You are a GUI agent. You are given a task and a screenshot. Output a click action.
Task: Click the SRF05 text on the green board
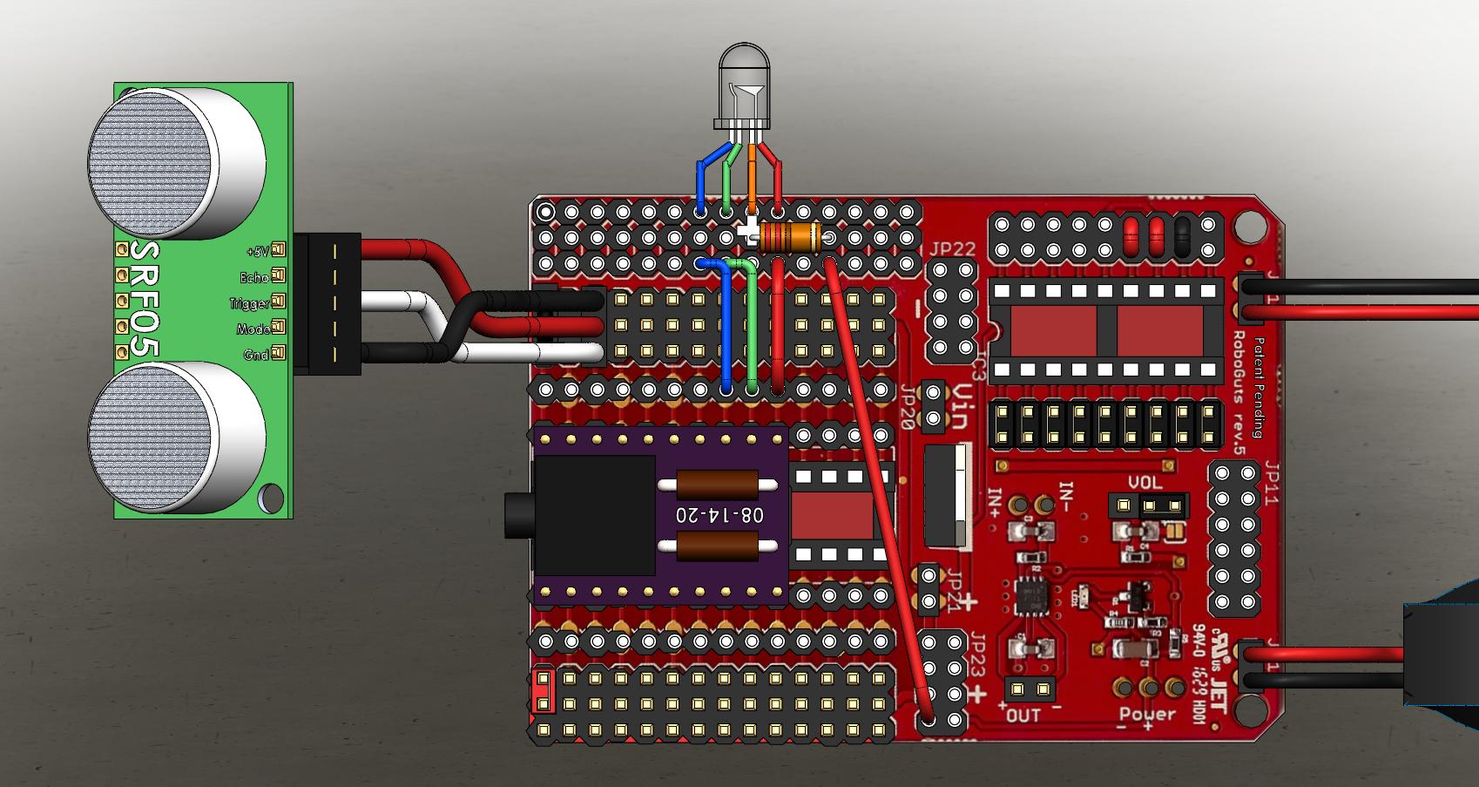tap(145, 300)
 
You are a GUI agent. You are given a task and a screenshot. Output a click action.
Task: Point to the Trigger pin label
tap(249, 303)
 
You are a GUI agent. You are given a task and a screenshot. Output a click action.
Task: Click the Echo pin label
tap(253, 277)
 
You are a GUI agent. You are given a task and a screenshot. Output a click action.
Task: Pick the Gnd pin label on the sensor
tap(256, 355)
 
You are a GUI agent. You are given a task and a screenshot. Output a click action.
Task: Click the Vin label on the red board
tap(957, 408)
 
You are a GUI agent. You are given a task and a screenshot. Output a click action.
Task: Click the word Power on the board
tap(1148, 716)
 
